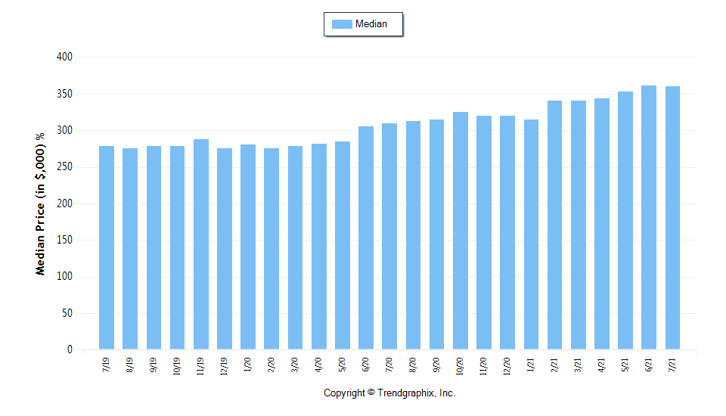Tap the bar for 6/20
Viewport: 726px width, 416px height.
[366, 237]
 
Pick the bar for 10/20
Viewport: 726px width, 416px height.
[461, 231]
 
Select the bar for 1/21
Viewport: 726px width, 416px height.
[531, 234]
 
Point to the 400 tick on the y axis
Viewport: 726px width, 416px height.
[64, 57]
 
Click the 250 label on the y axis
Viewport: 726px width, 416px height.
[64, 167]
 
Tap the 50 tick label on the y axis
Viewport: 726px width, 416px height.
[67, 313]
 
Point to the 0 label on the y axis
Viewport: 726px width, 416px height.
[70, 350]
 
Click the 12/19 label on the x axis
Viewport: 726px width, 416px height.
[225, 367]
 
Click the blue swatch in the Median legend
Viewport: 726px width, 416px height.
[342, 24]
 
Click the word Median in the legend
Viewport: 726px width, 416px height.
[371, 24]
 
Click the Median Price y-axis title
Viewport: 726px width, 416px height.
[41, 204]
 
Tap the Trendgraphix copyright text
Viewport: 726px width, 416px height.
[389, 393]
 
